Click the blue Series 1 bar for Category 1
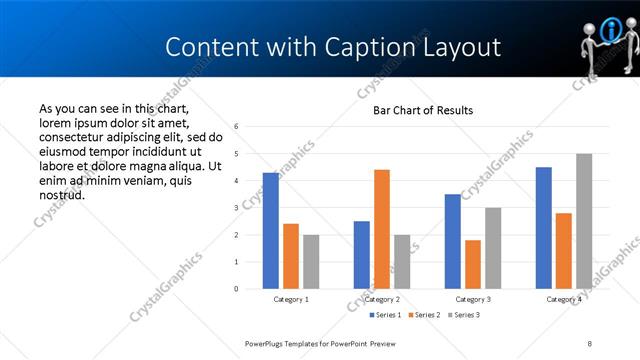click(271, 230)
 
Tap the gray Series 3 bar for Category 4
click(584, 221)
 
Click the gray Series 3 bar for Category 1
click(311, 261)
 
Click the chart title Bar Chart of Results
click(423, 110)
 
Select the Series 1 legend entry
click(385, 315)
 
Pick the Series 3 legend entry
click(465, 315)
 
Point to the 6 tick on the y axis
click(235, 127)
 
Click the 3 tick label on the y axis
click(235, 208)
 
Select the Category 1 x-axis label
click(291, 299)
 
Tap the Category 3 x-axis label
click(473, 299)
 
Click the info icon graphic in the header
click(608, 34)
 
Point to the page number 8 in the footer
click(590, 343)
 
